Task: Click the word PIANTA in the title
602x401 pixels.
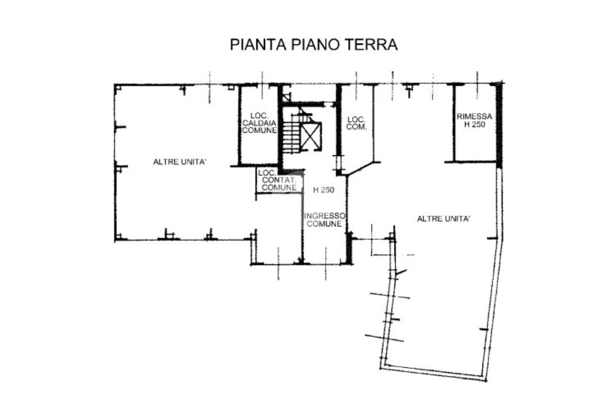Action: [258, 45]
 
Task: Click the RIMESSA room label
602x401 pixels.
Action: [474, 116]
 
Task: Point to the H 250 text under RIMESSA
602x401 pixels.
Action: [475, 125]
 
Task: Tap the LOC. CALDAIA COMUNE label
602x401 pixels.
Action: [259, 123]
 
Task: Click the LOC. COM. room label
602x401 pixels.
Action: [356, 123]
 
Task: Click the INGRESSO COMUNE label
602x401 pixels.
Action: [325, 220]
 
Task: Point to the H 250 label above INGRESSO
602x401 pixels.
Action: [324, 190]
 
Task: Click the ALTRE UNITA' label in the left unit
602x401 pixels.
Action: [180, 162]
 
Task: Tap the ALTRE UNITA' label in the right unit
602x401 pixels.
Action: [443, 219]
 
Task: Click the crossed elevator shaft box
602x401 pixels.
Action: [310, 136]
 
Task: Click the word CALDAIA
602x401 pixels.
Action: [259, 123]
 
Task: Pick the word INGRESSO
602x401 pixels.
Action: [325, 216]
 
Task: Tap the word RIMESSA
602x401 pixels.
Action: [474, 116]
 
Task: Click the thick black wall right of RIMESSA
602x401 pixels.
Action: [499, 126]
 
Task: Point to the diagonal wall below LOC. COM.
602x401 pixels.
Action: [359, 168]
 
